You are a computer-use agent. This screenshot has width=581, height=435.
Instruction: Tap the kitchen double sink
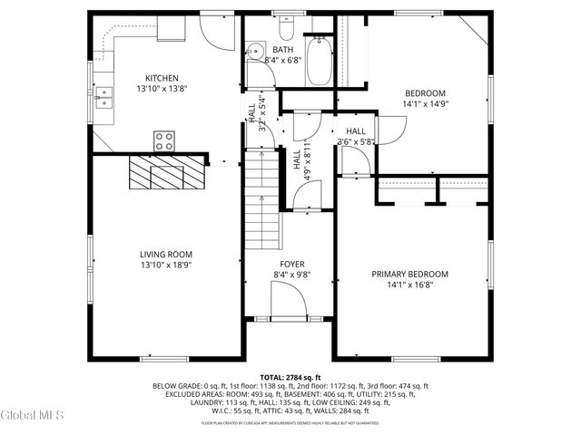[103, 92]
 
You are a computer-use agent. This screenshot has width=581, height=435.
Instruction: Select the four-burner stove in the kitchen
[164, 140]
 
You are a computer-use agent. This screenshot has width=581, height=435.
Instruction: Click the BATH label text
[283, 49]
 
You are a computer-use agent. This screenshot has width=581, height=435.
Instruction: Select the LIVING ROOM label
[165, 255]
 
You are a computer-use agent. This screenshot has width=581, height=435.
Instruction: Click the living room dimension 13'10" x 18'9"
[165, 266]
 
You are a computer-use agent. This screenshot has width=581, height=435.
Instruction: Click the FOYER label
[291, 264]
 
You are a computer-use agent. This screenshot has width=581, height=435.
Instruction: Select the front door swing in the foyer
[289, 299]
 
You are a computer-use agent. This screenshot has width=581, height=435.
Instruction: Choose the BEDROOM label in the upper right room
[425, 93]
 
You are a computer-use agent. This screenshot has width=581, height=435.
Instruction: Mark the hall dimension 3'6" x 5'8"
[355, 141]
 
